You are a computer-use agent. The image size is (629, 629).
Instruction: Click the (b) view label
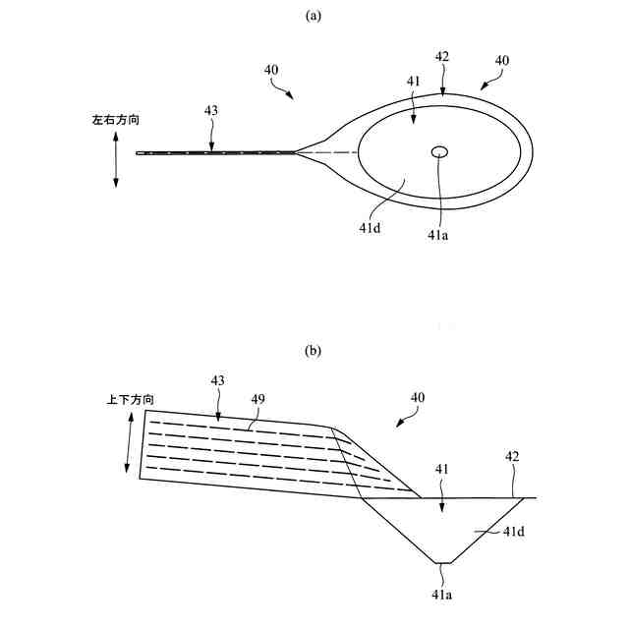(x=314, y=351)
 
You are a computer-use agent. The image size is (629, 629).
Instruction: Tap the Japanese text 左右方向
(x=116, y=120)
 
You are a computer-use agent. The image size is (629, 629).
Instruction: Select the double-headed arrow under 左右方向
(x=117, y=157)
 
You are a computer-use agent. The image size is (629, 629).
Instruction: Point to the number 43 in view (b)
(x=217, y=379)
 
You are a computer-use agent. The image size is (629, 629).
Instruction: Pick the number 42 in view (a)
(x=442, y=57)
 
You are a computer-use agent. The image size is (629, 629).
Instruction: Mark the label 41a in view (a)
(x=438, y=235)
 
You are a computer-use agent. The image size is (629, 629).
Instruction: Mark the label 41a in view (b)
(x=440, y=594)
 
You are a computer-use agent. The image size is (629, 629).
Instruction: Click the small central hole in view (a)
(x=438, y=151)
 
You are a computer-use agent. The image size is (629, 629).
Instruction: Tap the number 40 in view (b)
(x=417, y=397)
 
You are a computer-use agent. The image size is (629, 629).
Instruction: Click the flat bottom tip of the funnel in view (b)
(x=444, y=562)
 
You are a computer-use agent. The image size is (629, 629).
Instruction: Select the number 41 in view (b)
(x=441, y=470)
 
